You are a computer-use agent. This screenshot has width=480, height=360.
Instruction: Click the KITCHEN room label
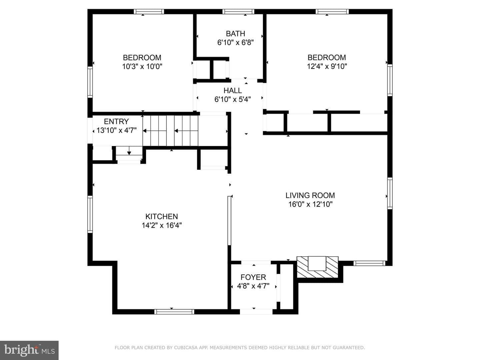tap(162, 216)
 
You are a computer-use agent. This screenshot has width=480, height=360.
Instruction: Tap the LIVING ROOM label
tap(310, 195)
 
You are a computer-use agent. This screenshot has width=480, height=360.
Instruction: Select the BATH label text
tap(235, 34)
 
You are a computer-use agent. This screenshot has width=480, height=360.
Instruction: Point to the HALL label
tap(232, 90)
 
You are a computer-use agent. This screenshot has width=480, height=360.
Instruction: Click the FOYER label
tap(253, 277)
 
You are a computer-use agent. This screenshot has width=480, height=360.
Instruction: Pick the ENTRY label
tap(116, 121)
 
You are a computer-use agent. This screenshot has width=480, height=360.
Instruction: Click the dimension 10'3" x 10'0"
tap(142, 66)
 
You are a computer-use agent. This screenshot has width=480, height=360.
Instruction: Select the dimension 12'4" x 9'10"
tap(327, 66)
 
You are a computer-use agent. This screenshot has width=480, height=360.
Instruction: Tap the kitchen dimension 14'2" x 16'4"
tap(162, 225)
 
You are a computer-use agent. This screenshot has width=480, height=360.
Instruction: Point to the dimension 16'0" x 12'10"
tap(310, 204)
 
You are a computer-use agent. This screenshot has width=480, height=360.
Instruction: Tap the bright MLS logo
tap(29, 350)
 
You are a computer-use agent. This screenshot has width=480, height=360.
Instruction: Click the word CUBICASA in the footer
tap(185, 348)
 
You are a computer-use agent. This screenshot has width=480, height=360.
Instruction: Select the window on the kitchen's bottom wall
tap(174, 312)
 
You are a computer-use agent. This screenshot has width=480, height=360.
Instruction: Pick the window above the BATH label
tap(238, 12)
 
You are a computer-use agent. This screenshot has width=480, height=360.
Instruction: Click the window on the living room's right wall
tap(390, 193)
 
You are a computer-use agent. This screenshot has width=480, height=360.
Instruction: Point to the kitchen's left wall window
tap(90, 214)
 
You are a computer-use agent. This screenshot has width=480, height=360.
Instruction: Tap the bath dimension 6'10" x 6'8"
tap(235, 42)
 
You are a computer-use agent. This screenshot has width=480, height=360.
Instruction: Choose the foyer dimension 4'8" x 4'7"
tap(253, 286)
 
